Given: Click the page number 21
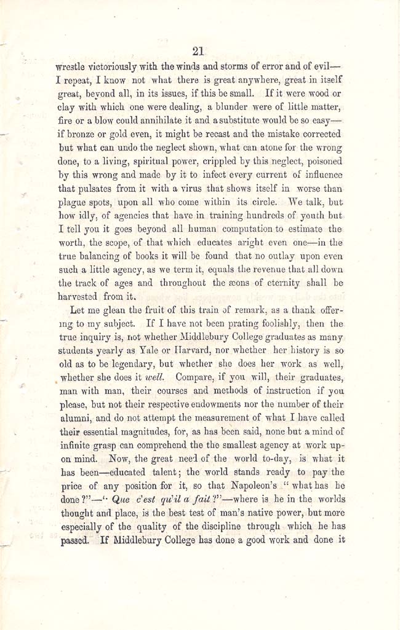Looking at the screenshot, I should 198,51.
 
